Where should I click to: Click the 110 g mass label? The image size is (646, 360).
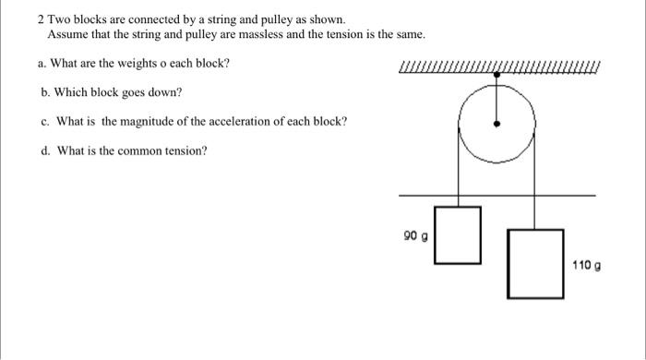tap(586, 265)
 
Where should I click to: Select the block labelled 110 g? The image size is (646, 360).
tap(535, 263)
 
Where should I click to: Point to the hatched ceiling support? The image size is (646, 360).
tap(498, 66)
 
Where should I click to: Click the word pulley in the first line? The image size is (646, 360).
tap(272, 18)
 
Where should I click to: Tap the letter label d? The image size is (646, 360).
tap(44, 151)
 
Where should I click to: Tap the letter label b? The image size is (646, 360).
tap(44, 92)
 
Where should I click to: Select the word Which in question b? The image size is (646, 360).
tap(72, 92)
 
